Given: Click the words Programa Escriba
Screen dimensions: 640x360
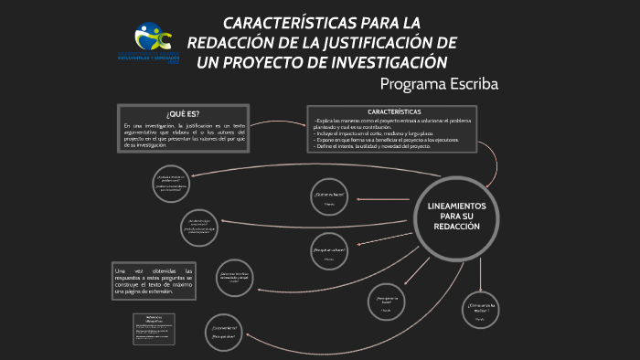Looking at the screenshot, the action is point(439,84).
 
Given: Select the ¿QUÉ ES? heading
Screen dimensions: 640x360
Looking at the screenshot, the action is point(183,113).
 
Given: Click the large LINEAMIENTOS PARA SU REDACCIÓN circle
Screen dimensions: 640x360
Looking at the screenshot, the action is point(463,217).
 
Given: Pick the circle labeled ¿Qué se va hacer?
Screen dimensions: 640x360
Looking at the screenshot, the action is point(329,197).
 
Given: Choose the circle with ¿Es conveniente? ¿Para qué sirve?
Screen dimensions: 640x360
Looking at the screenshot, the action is point(225,332).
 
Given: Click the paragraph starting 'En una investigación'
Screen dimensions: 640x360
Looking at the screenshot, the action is point(184,134).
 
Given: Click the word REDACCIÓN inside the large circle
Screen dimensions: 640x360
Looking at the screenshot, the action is point(463,227).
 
